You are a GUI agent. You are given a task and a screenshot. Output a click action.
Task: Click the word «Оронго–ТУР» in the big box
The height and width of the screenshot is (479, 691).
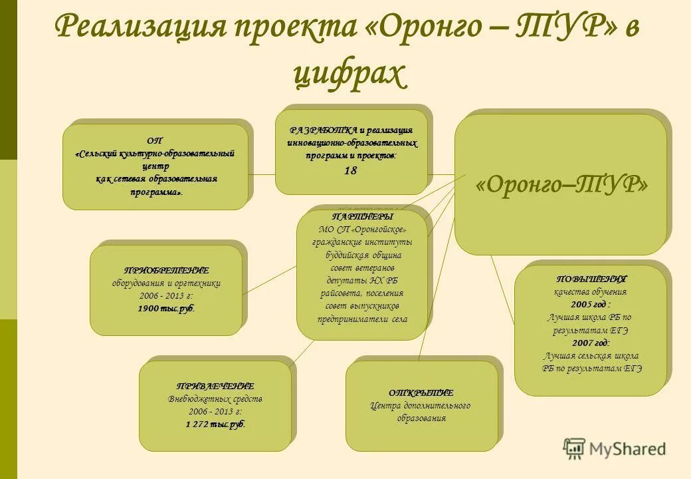[x=561, y=184]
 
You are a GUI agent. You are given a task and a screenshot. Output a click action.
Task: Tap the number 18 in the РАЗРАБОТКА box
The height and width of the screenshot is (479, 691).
[x=350, y=171]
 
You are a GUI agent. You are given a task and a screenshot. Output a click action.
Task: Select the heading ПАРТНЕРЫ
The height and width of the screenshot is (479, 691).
[x=362, y=217]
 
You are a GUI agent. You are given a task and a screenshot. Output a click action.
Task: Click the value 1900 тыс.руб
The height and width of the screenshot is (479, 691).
[x=167, y=309]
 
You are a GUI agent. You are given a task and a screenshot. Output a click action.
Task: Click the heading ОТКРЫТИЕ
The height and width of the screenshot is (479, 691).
[x=421, y=393]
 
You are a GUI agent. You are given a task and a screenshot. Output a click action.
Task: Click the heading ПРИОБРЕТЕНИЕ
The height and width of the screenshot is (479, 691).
[x=167, y=270]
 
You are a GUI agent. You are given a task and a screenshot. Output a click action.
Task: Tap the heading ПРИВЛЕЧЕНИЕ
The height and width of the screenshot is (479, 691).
[x=215, y=386]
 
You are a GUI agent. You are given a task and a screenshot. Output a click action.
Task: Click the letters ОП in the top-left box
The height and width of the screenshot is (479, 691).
[x=154, y=140]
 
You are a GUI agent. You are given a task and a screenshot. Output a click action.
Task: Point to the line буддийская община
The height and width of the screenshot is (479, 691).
[x=363, y=255]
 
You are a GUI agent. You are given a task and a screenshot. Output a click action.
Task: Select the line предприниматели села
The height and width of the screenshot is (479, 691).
[x=363, y=319]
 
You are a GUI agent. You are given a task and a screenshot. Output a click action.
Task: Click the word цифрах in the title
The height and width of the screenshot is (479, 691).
[x=348, y=75]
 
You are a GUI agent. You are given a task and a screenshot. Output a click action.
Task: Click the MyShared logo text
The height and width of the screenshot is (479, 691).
[x=627, y=449]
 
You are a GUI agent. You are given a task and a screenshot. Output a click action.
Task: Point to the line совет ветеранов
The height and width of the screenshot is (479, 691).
[x=363, y=267]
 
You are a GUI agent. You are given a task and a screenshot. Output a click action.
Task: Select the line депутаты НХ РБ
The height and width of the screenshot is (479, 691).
[x=363, y=280]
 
